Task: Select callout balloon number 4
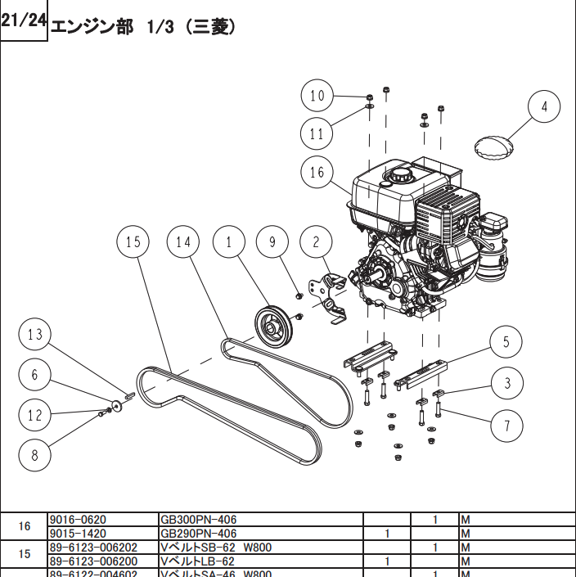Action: coord(544,107)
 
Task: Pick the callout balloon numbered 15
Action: coord(133,241)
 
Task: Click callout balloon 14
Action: coord(183,241)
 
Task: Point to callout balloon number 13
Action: coord(34,335)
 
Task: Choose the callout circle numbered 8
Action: coord(34,455)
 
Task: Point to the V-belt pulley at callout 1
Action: coord(273,326)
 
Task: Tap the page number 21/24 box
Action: coord(24,21)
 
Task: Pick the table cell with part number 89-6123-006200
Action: coord(103,561)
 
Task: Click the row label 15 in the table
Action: coord(25,554)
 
